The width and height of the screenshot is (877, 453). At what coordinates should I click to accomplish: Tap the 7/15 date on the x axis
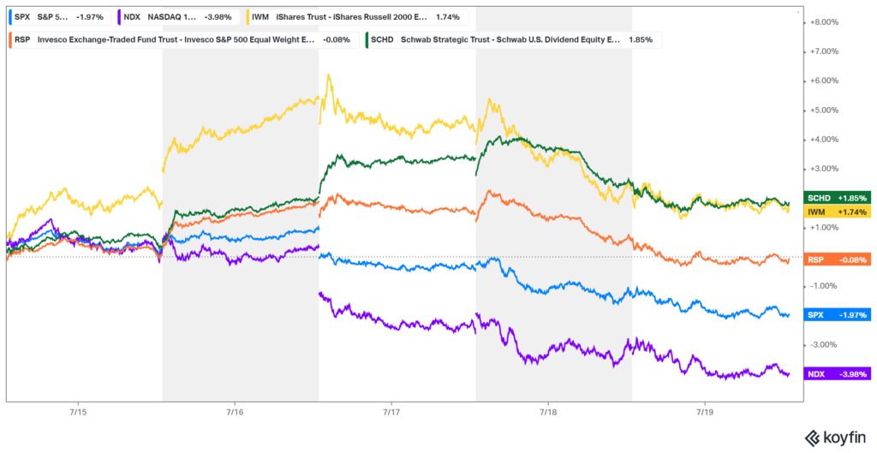(77, 413)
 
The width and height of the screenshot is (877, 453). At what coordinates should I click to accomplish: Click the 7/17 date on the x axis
(391, 413)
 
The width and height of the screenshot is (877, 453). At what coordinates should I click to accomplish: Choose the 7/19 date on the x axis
(703, 413)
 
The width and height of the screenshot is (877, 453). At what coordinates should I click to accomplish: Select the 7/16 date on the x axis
(234, 413)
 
